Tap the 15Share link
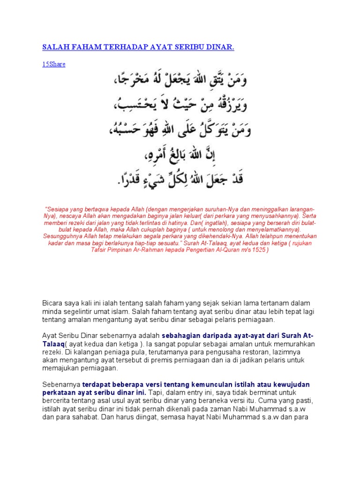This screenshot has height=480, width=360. pyautogui.click(x=54, y=64)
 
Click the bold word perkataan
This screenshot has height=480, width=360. pyautogui.click(x=60, y=392)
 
